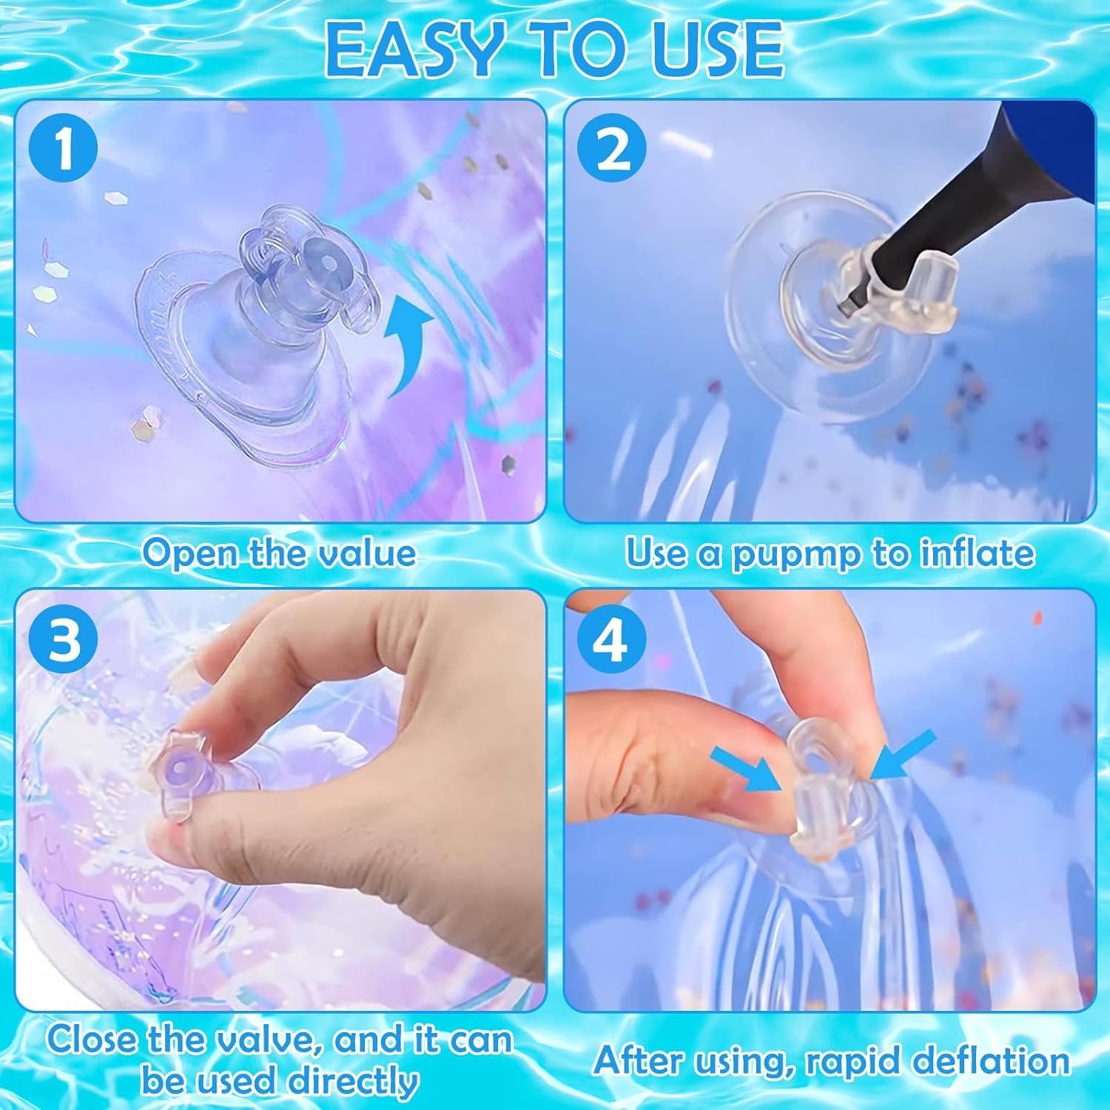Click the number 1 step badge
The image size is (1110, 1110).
tap(64, 150)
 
